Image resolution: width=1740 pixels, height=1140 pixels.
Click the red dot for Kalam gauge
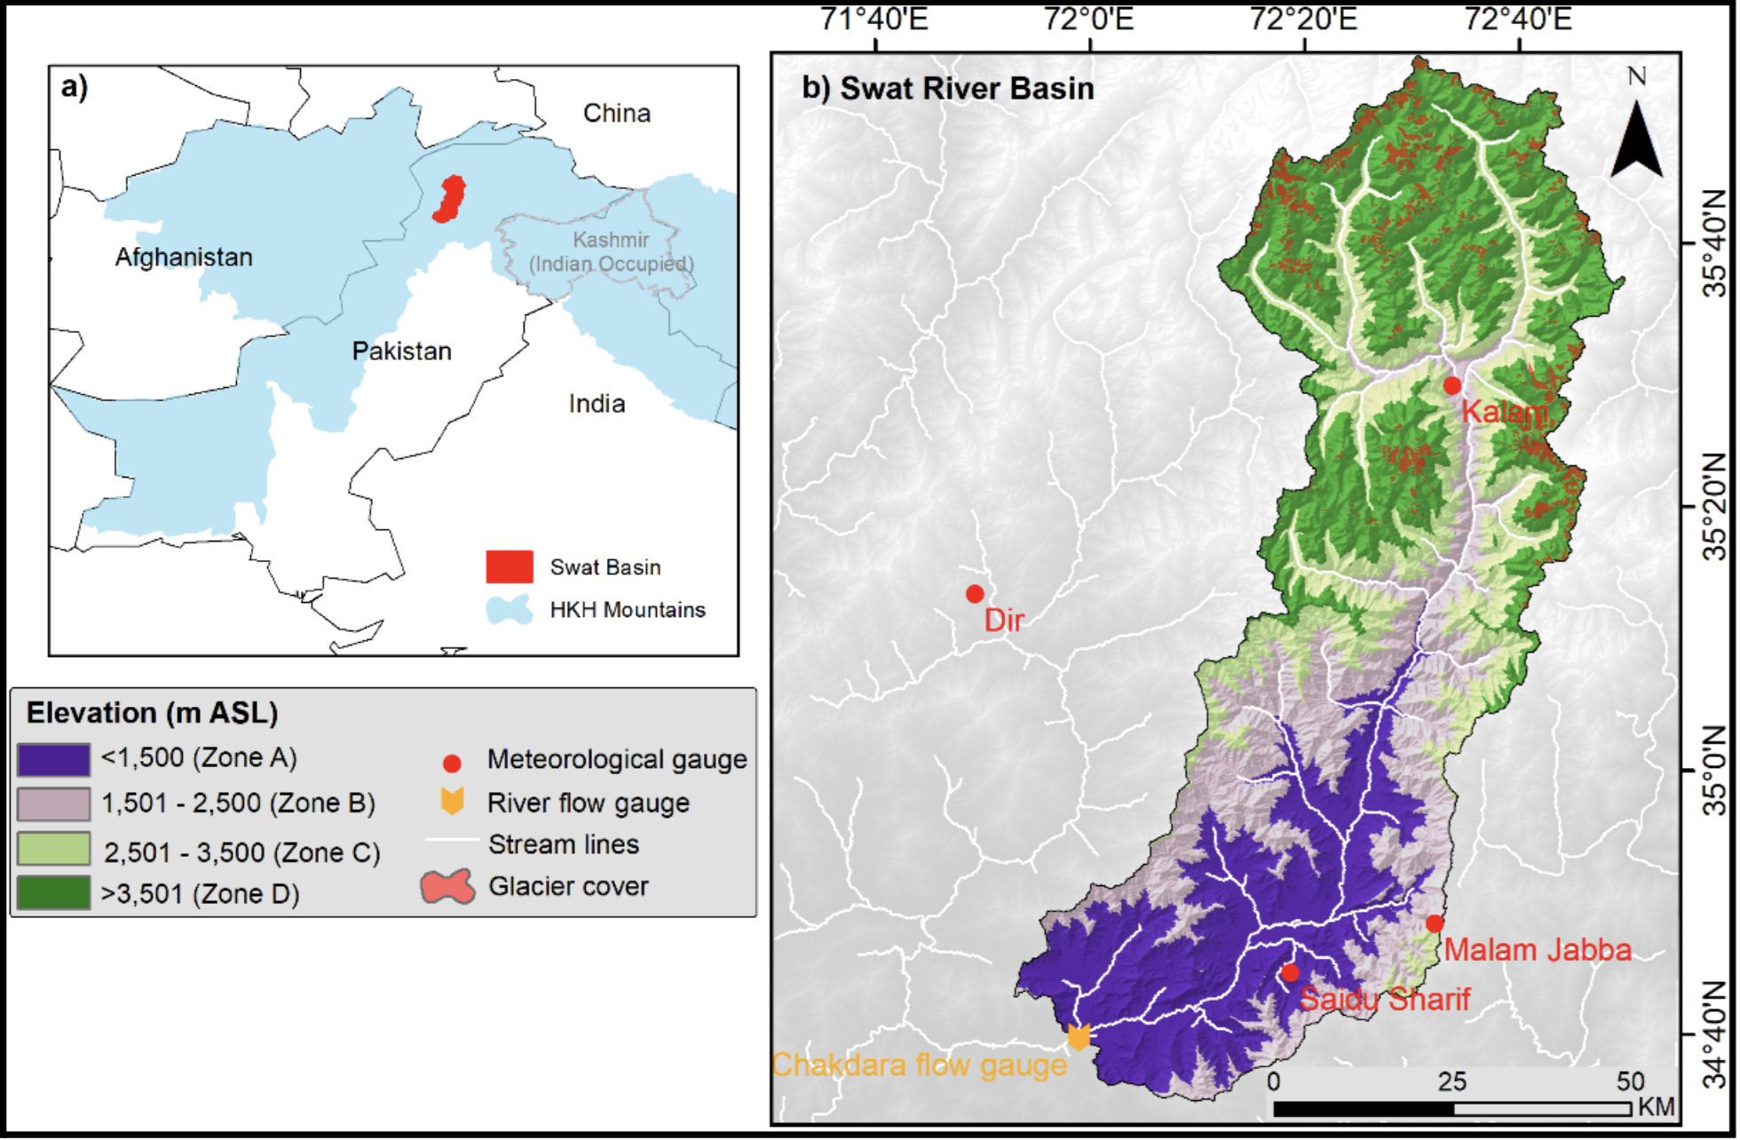click(1452, 385)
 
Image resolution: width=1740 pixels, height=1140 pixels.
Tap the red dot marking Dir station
click(975, 594)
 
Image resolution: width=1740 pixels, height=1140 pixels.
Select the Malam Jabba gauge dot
click(1435, 923)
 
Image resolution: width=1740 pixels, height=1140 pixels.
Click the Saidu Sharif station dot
click(1290, 973)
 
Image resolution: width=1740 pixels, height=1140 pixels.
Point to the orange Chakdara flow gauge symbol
click(1078, 1036)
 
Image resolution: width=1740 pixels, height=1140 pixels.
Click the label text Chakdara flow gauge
click(919, 1065)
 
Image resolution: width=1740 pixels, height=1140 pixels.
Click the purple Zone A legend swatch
click(54, 760)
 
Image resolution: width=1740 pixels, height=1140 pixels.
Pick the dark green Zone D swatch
click(54, 893)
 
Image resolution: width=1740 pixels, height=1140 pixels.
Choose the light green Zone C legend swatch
click(54, 849)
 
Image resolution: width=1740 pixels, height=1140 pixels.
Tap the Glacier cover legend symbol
click(448, 887)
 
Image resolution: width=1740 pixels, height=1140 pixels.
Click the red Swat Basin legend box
click(510, 566)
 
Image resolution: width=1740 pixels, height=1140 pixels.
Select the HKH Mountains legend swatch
click(510, 610)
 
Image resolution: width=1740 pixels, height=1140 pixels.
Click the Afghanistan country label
click(184, 257)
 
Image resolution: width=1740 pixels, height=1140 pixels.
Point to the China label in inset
click(617, 114)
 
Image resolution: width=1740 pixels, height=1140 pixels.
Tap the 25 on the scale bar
click(1452, 1082)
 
